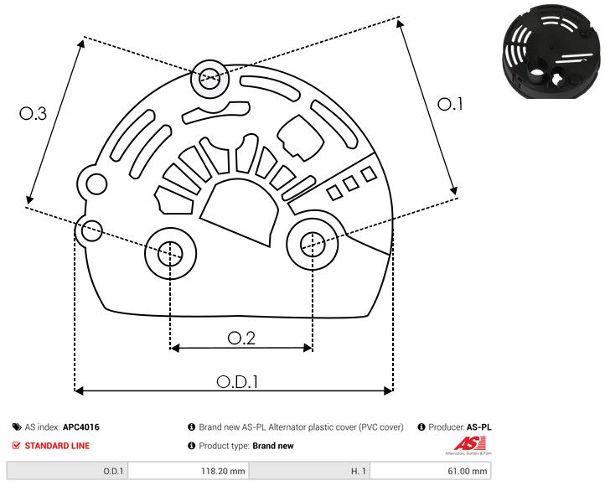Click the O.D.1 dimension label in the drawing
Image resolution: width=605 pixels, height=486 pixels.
point(237,381)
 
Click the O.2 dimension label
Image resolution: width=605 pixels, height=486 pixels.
point(241,338)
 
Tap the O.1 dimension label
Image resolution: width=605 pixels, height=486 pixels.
point(450,105)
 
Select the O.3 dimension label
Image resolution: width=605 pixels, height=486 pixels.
point(33,115)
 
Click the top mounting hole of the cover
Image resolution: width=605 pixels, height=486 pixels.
point(208,80)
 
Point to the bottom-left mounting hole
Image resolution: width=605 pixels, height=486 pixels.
point(170,251)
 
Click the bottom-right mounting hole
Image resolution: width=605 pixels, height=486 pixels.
point(312,244)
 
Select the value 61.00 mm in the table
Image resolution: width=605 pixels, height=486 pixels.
point(467,471)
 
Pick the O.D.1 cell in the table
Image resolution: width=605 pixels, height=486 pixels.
point(113,471)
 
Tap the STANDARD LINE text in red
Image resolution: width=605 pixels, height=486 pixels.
point(57,446)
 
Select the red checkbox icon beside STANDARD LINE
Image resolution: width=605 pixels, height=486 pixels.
point(17,446)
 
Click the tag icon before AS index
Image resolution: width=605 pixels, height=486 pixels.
point(17,427)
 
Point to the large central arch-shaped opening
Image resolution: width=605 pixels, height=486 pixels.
point(242,213)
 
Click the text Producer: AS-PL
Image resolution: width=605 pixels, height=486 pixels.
point(460,427)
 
